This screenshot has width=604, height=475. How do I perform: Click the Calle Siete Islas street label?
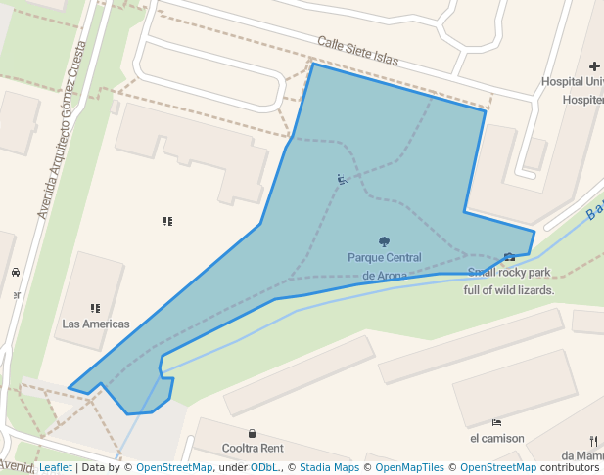click(357, 52)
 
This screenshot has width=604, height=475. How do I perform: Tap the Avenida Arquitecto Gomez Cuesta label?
click(60, 129)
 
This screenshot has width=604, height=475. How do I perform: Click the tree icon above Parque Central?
click(384, 241)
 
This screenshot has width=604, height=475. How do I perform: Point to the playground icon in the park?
click(341, 179)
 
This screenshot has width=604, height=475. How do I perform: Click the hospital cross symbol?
click(595, 66)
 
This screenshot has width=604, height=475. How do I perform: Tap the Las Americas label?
click(96, 324)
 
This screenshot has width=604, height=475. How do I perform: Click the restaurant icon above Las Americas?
click(95, 308)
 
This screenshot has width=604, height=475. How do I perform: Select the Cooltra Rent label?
click(253, 448)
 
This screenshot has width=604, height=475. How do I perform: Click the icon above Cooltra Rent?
click(253, 433)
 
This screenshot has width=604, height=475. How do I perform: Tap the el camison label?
click(496, 438)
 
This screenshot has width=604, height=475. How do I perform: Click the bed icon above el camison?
click(496, 422)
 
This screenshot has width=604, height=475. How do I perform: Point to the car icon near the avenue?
click(16, 272)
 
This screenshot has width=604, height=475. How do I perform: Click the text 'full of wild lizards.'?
click(509, 289)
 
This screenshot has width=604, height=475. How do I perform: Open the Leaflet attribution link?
click(55, 467)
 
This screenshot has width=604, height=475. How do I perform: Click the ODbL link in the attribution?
click(264, 467)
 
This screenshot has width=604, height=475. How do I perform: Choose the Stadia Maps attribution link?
click(329, 467)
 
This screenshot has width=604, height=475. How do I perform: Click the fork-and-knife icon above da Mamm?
click(594, 440)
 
